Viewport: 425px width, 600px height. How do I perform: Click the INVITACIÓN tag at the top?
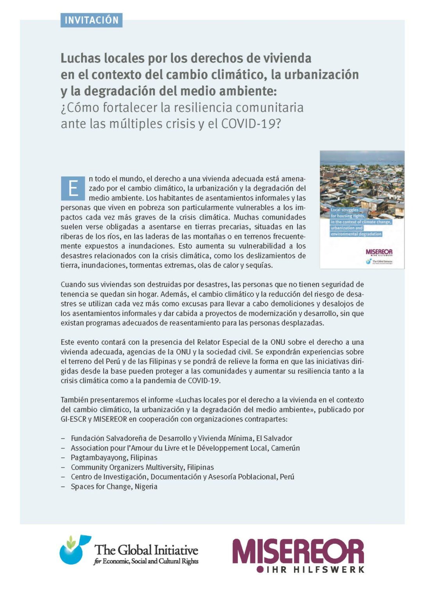tap(91, 20)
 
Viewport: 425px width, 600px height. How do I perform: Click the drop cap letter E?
tap(73, 188)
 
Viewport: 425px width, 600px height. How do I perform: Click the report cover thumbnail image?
tap(362, 209)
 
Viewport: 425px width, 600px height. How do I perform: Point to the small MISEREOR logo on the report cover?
tap(379, 252)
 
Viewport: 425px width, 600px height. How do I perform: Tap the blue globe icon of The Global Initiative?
tap(73, 551)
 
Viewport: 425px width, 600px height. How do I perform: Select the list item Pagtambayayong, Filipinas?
tap(114, 457)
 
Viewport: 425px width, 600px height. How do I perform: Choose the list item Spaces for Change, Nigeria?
tap(114, 486)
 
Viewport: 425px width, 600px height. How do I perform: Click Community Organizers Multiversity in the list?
tap(127, 467)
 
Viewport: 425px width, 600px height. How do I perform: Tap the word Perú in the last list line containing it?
tap(287, 477)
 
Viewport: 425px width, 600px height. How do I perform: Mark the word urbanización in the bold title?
tap(321, 75)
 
